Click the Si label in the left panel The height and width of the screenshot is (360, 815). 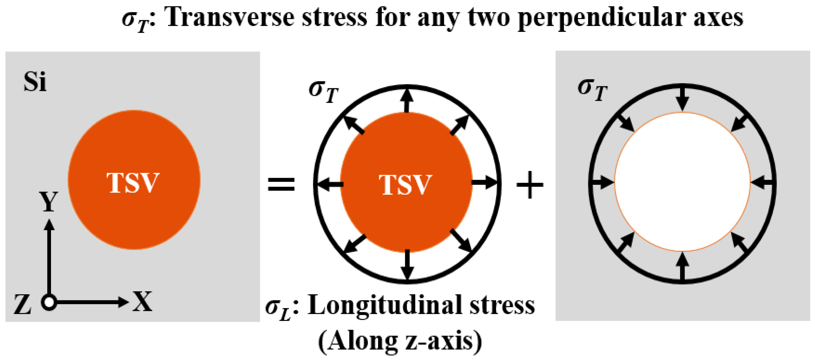[35, 82]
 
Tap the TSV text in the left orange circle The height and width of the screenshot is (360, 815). [133, 182]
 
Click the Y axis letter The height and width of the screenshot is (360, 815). [49, 202]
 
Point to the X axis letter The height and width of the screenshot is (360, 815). [142, 301]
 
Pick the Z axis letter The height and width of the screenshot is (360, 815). [22, 304]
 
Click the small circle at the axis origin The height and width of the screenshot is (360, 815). [49, 302]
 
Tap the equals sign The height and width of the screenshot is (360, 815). [281, 184]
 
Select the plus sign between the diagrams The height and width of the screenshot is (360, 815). [530, 185]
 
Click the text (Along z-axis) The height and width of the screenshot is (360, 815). [400, 341]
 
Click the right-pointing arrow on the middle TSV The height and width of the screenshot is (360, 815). [484, 182]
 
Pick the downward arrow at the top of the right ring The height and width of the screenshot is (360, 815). [682, 98]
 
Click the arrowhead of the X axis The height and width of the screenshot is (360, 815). [123, 302]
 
